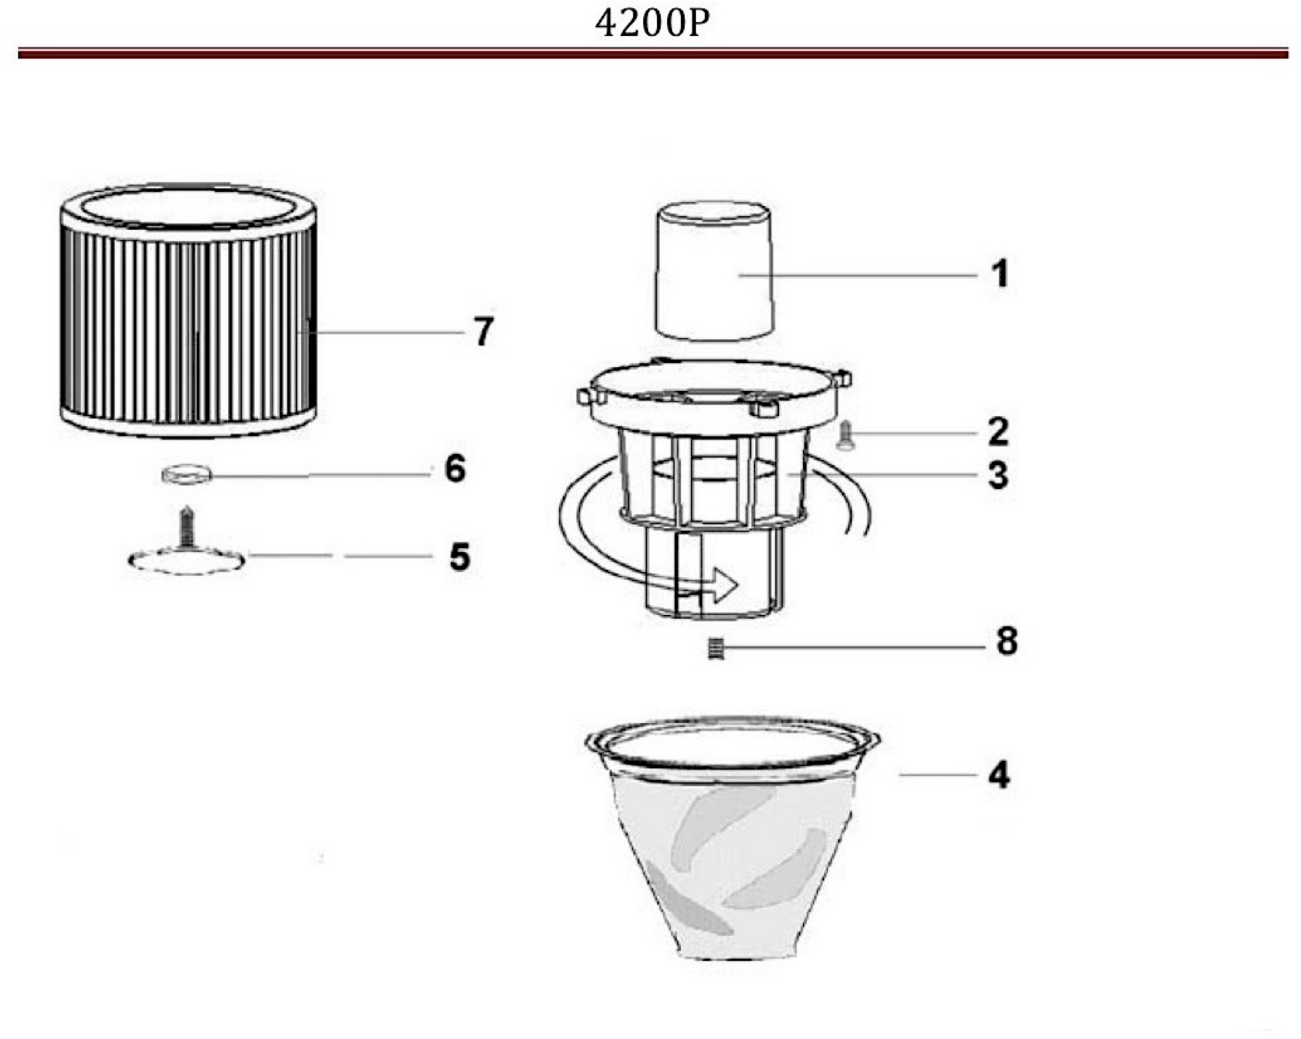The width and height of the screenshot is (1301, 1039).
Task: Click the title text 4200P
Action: click(651, 24)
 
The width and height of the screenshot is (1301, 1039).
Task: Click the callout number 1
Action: click(1000, 274)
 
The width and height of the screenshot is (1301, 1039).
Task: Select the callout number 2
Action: click(998, 432)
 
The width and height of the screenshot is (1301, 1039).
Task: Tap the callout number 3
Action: click(998, 475)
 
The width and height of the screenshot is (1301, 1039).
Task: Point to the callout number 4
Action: click(998, 775)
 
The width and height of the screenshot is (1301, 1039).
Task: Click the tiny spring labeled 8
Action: click(715, 649)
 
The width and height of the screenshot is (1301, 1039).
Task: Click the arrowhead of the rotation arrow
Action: click(724, 584)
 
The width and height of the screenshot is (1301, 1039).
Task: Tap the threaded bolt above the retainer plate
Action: click(188, 526)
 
